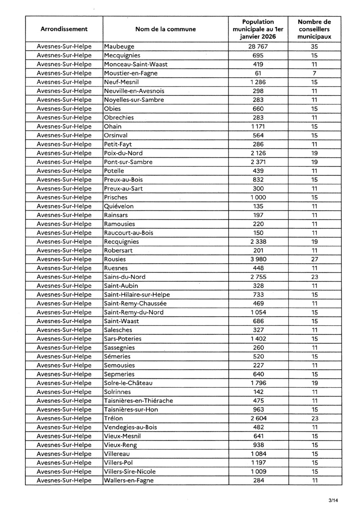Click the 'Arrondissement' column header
coord(64,29)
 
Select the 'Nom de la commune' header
coord(165,29)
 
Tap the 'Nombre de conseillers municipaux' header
coord(314,29)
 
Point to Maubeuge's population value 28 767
coord(258,47)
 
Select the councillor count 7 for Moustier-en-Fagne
coord(314,73)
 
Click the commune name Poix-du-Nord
coord(123,153)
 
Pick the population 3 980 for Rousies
coord(258,259)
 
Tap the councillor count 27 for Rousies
coord(314,259)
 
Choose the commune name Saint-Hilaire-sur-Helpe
coord(136,295)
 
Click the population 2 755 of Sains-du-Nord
coord(258,277)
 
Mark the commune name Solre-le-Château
coord(128,383)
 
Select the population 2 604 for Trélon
coord(258,419)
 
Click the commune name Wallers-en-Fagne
coord(129,481)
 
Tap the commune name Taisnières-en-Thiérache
coord(138,401)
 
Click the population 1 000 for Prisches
coord(258,197)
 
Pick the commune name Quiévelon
coord(119,206)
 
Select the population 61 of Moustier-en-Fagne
coord(258,73)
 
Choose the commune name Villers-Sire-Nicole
coord(130,472)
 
